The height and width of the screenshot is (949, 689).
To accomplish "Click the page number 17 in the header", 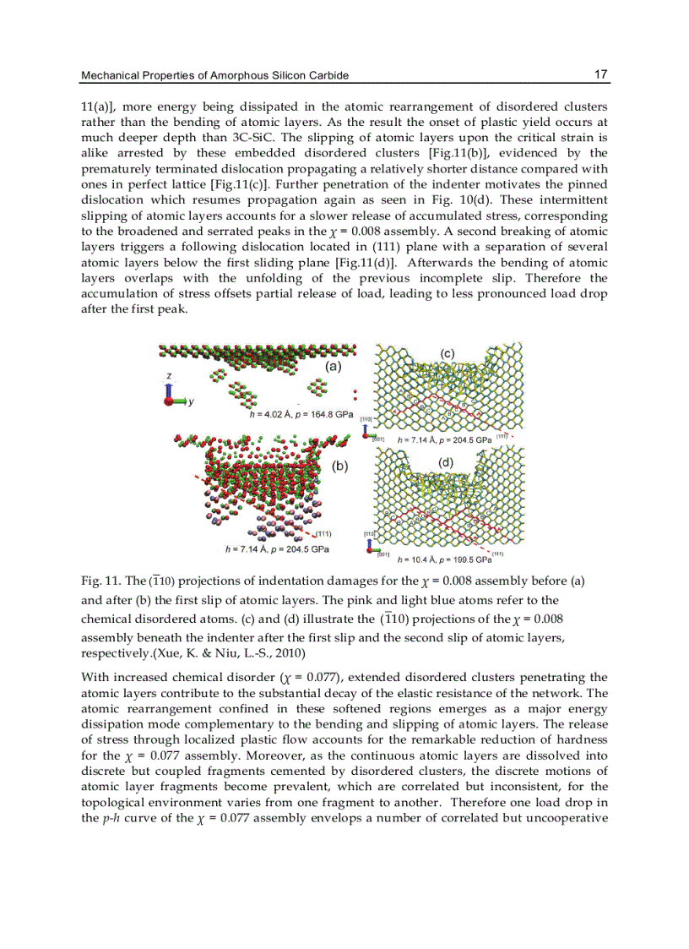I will coord(601,75).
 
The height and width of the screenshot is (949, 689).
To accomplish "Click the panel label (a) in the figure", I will coord(333,367).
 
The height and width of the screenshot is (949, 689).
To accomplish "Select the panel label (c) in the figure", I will coord(447,353).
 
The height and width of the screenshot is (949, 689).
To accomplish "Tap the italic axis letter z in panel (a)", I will coord(169,375).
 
